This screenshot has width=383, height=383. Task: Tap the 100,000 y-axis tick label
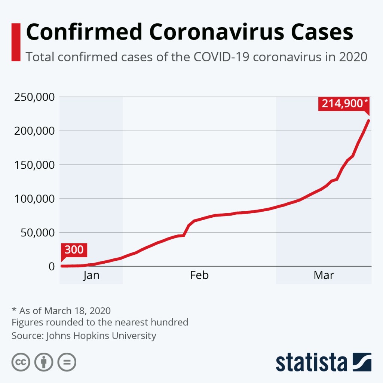[34, 199]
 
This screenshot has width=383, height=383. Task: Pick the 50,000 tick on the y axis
[37, 232]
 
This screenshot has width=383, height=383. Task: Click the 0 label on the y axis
[51, 266]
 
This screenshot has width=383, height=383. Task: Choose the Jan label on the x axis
[91, 276]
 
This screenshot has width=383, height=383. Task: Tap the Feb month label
[199, 276]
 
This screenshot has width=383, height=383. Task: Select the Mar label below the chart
[324, 276]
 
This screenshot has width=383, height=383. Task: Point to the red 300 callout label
[74, 249]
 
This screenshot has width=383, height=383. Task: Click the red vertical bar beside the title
[16, 42]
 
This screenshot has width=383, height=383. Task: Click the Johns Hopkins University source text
[101, 335]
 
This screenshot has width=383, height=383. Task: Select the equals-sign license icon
[66, 362]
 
